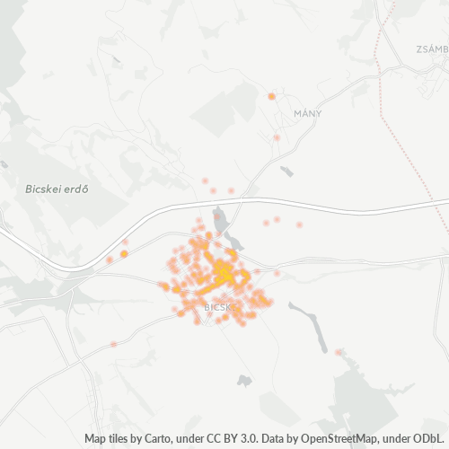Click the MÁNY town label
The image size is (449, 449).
pos(307,114)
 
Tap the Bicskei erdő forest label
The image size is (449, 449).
pos(55,190)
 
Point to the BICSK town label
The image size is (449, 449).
pos(218,307)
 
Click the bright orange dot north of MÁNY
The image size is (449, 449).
pos(271,95)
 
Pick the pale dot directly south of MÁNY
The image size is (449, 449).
pos(277,137)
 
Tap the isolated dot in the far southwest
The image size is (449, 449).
pos(113,344)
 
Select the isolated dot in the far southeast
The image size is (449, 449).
pos(338,352)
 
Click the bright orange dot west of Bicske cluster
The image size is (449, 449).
pos(124,254)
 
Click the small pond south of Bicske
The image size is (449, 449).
pos(244,381)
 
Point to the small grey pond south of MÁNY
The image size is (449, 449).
pos(286,171)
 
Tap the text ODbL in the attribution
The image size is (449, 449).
pos(430,438)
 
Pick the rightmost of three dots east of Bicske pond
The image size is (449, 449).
pos(299,224)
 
